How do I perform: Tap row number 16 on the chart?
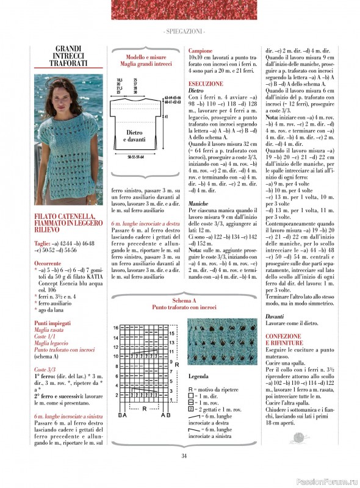click(115, 328)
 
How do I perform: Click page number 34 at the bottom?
click(184, 473)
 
